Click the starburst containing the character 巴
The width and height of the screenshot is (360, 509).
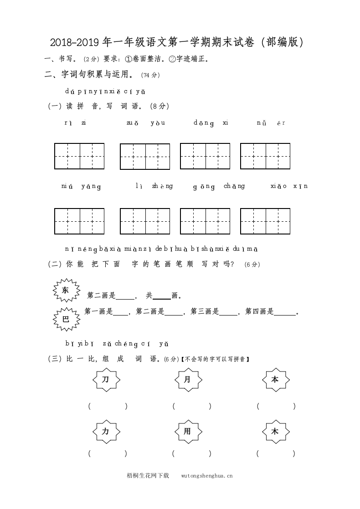[66, 319]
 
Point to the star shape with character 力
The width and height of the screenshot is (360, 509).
[105, 431]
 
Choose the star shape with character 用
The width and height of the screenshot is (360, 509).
[187, 431]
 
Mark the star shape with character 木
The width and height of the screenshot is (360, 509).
[275, 431]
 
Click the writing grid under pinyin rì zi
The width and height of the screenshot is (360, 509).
[79, 156]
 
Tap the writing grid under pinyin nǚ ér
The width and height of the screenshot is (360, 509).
[265, 156]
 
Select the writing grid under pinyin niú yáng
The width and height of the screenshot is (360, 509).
[79, 221]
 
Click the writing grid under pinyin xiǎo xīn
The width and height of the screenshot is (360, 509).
[265, 221]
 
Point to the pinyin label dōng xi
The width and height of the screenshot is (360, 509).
[211, 123]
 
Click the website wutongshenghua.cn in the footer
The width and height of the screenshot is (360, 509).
[207, 475]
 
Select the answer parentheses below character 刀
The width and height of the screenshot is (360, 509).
[108, 406]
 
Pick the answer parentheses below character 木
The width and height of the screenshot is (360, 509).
[276, 453]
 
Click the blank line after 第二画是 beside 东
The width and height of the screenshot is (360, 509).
[125, 296]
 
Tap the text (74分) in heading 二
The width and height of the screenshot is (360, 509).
[150, 75]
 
